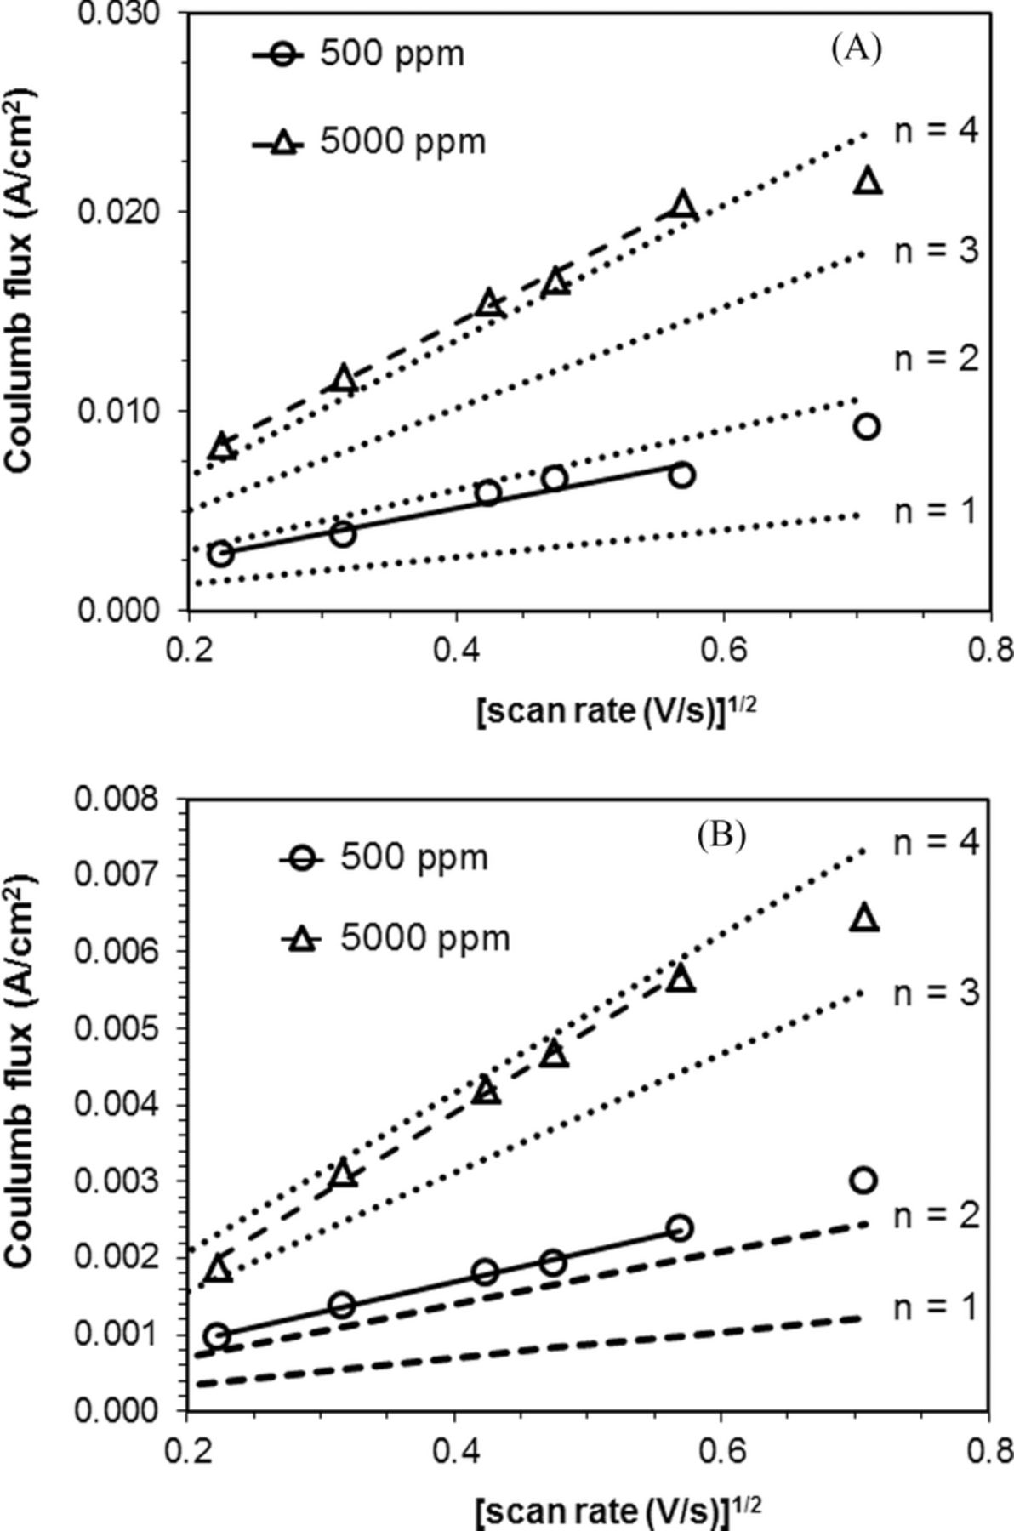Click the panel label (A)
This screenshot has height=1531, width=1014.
[856, 48]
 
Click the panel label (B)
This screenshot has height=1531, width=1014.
[721, 836]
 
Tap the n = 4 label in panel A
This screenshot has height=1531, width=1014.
[935, 131]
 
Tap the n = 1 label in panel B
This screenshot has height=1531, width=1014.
[935, 1307]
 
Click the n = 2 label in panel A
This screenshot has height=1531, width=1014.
[935, 358]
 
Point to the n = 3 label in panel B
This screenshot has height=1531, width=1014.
[935, 993]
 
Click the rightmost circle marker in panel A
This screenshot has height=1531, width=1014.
[866, 426]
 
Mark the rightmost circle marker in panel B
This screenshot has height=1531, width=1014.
[863, 1180]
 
